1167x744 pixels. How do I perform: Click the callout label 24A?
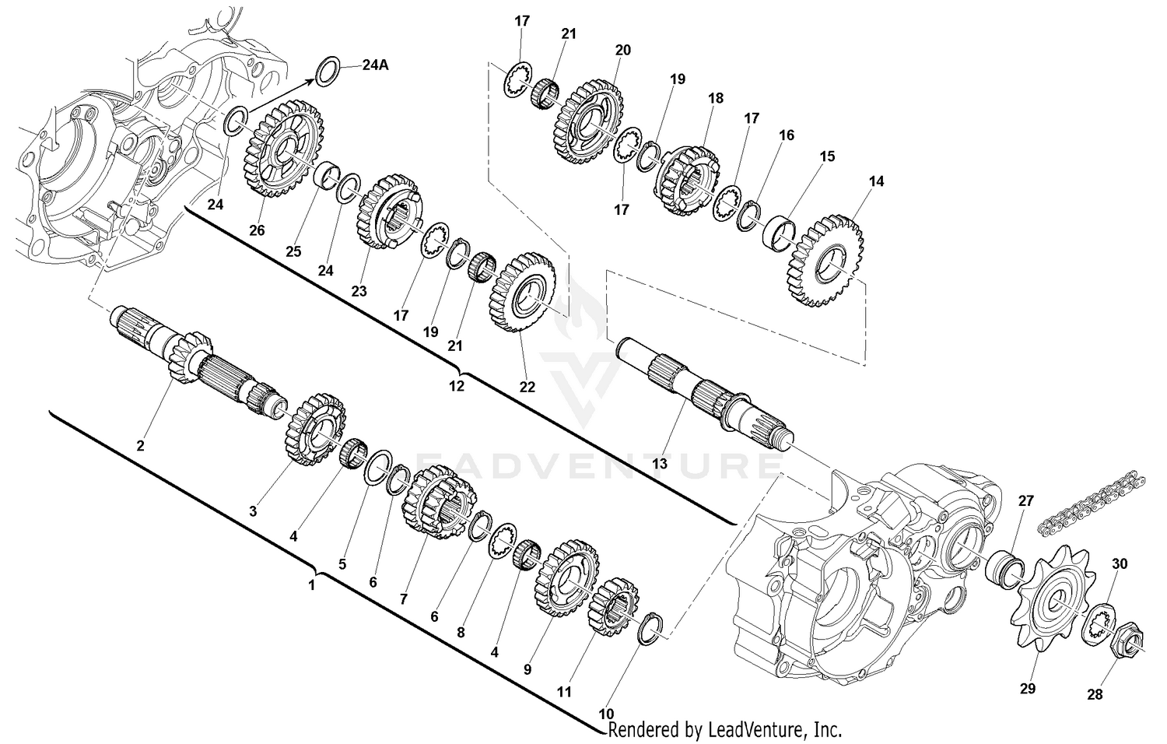(375, 65)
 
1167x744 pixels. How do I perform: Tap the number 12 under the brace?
(457, 384)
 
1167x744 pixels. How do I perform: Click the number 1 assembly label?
(312, 584)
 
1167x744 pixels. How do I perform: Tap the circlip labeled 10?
(650, 628)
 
